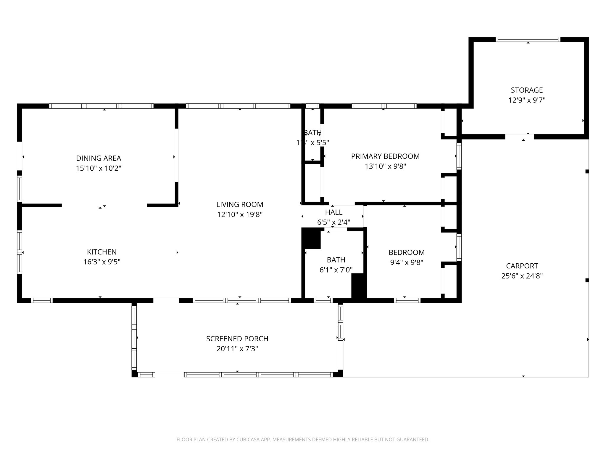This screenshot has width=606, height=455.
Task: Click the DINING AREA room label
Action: (x=99, y=158)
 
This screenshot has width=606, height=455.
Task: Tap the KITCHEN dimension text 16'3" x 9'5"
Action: (x=102, y=262)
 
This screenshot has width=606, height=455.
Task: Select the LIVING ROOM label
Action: (x=240, y=204)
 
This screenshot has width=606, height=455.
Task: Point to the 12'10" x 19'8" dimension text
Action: (x=240, y=214)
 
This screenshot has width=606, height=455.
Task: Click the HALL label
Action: (x=334, y=212)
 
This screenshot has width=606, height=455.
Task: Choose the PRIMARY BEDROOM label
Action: (x=385, y=156)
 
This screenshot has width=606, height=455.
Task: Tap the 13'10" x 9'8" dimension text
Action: (x=385, y=166)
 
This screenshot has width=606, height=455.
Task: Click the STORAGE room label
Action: (x=527, y=90)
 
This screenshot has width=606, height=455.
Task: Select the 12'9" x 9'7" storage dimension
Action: (x=527, y=100)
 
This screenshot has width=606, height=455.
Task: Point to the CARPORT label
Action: (x=522, y=266)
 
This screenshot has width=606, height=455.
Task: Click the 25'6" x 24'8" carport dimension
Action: (x=522, y=276)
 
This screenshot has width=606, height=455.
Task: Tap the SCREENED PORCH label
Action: (x=237, y=339)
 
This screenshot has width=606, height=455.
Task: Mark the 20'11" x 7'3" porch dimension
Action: (x=237, y=349)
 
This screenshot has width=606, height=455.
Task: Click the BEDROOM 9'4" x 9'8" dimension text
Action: (x=407, y=262)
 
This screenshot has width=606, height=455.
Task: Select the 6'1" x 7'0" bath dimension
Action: (x=336, y=270)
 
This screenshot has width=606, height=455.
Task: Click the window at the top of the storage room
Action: (x=528, y=39)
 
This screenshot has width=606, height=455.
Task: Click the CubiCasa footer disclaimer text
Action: (x=303, y=440)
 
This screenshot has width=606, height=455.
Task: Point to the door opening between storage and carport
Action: (x=520, y=137)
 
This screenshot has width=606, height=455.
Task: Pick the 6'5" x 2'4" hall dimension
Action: (x=334, y=222)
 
